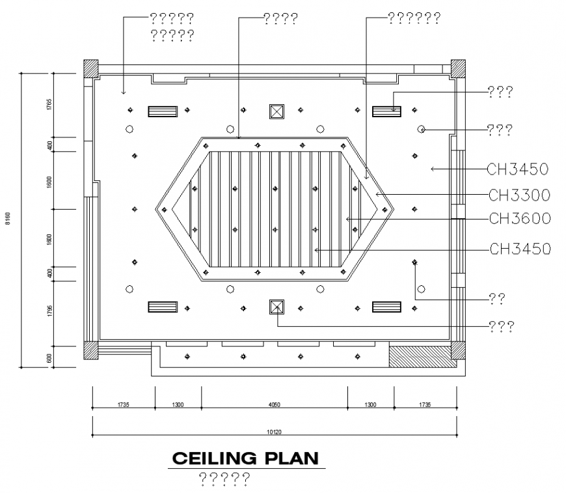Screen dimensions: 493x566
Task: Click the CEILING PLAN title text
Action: (246, 458)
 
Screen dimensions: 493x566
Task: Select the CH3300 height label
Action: (519, 195)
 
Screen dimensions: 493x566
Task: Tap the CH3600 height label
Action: (519, 218)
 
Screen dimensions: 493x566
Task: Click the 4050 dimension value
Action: (274, 404)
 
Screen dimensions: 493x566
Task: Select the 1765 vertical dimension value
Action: (49, 104)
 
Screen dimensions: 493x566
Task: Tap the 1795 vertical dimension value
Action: (49, 312)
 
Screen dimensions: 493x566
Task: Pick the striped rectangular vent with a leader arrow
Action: (386, 111)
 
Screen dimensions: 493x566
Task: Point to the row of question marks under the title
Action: (224, 479)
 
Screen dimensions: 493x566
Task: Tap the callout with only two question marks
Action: (497, 299)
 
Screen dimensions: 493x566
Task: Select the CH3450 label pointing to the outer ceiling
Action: (518, 169)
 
